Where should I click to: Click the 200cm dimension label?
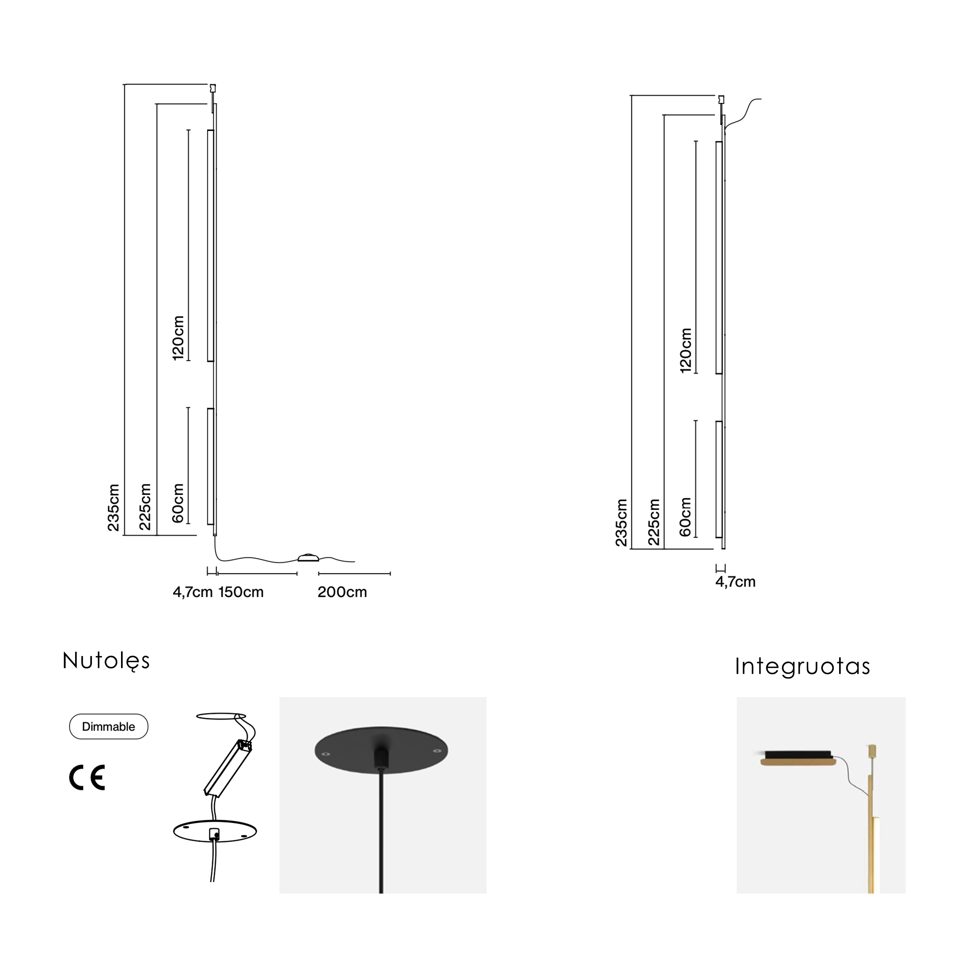[x=342, y=592]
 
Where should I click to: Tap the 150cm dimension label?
[x=241, y=592]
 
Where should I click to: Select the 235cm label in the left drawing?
[x=114, y=507]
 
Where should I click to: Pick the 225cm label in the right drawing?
[x=654, y=522]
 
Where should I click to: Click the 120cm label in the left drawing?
[x=178, y=338]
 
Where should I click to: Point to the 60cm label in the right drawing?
[x=685, y=517]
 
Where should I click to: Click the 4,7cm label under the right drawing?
[x=735, y=582]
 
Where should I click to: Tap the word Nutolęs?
[x=106, y=661]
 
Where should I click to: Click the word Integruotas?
[x=802, y=666]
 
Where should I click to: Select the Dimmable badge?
[x=109, y=726]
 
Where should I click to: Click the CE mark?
[x=87, y=778]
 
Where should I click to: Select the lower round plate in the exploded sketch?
[x=215, y=831]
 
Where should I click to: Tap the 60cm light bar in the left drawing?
[x=211, y=466]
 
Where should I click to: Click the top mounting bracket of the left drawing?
[x=213, y=89]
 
